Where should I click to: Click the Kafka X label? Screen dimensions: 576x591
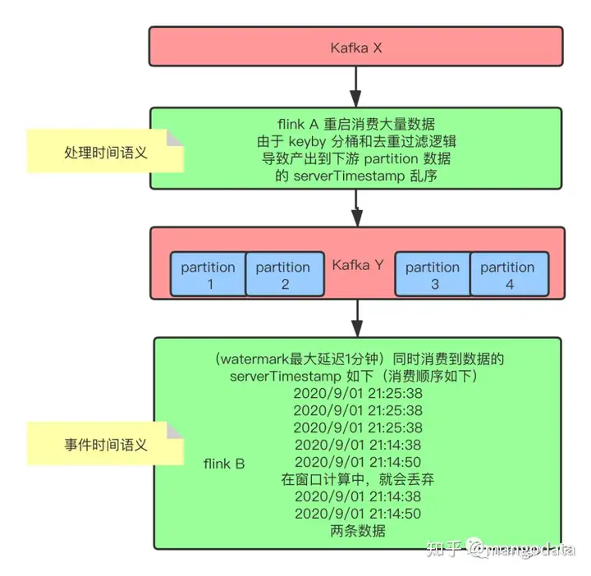355,47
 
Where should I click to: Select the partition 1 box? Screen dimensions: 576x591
208,275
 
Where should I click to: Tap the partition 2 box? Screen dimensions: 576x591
283,275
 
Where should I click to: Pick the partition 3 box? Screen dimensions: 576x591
433,275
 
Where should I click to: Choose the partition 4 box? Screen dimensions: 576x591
507,275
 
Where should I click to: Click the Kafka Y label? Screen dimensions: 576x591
357,266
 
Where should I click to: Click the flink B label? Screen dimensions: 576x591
224,464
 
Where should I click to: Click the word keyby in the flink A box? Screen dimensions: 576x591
307,140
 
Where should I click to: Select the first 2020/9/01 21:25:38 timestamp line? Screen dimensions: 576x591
357,392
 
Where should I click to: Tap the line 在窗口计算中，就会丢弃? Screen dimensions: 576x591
357,479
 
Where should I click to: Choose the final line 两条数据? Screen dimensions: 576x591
357,531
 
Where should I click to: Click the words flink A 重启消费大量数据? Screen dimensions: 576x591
357,122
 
